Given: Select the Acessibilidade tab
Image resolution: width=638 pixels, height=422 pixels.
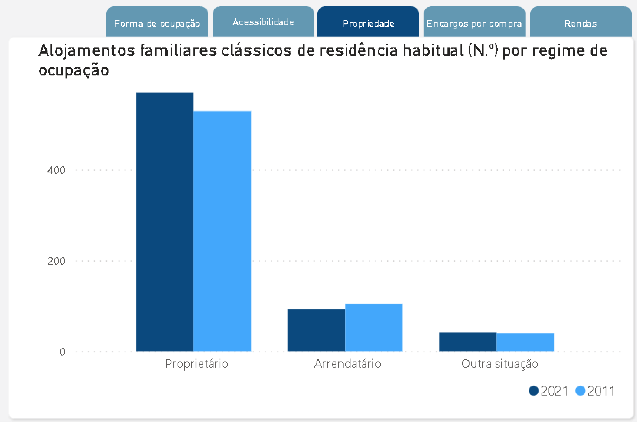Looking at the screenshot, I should [263, 22].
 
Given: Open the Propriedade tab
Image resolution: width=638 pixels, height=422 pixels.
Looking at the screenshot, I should [368, 23].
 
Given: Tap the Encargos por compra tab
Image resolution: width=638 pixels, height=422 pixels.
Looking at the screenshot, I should [474, 23].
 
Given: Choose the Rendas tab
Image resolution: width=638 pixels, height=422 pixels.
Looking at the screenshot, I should [581, 23].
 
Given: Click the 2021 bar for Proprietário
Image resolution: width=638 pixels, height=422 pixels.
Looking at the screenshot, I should [165, 221].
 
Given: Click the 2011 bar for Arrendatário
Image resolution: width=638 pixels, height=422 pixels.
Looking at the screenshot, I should [374, 327].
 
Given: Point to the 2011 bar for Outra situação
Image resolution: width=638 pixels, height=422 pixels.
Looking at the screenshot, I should [525, 342].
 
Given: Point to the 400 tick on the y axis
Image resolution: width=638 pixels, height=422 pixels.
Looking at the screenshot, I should [56, 170].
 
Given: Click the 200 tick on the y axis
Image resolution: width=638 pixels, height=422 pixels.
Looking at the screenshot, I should [56, 261].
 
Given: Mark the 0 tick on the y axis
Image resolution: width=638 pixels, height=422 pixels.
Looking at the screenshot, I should [62, 352].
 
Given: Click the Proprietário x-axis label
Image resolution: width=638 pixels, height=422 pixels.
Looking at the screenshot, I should [196, 364].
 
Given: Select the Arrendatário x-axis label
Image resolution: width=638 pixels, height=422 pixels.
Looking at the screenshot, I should [348, 364].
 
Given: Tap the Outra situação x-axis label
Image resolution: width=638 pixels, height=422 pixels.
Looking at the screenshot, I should [500, 364].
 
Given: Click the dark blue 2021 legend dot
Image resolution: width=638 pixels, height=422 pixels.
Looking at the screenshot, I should [533, 391].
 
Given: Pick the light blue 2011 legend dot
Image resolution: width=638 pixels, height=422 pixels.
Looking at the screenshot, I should [580, 391].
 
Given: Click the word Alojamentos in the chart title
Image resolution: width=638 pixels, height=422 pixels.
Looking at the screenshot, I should [87, 51].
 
